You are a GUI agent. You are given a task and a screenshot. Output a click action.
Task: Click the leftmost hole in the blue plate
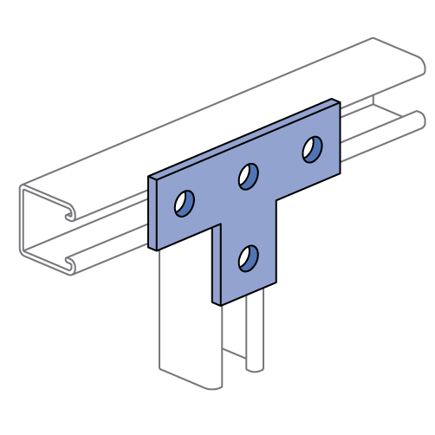(x=184, y=204)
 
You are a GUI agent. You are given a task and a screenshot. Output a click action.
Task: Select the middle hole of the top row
(x=248, y=176)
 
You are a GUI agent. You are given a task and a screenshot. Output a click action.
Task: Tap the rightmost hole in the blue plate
(x=312, y=149)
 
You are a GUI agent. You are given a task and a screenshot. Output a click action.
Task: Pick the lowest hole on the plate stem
(x=248, y=257)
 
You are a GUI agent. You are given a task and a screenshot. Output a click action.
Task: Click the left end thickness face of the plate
(x=153, y=213)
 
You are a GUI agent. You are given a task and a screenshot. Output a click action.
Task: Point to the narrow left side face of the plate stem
(x=217, y=264)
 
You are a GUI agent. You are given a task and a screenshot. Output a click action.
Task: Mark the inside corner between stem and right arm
(x=276, y=198)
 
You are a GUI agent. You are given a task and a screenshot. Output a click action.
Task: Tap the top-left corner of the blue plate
(x=151, y=179)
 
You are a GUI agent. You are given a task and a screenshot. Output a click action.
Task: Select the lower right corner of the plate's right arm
(x=339, y=171)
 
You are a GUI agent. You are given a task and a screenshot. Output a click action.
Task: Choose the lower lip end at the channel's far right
(x=419, y=119)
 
